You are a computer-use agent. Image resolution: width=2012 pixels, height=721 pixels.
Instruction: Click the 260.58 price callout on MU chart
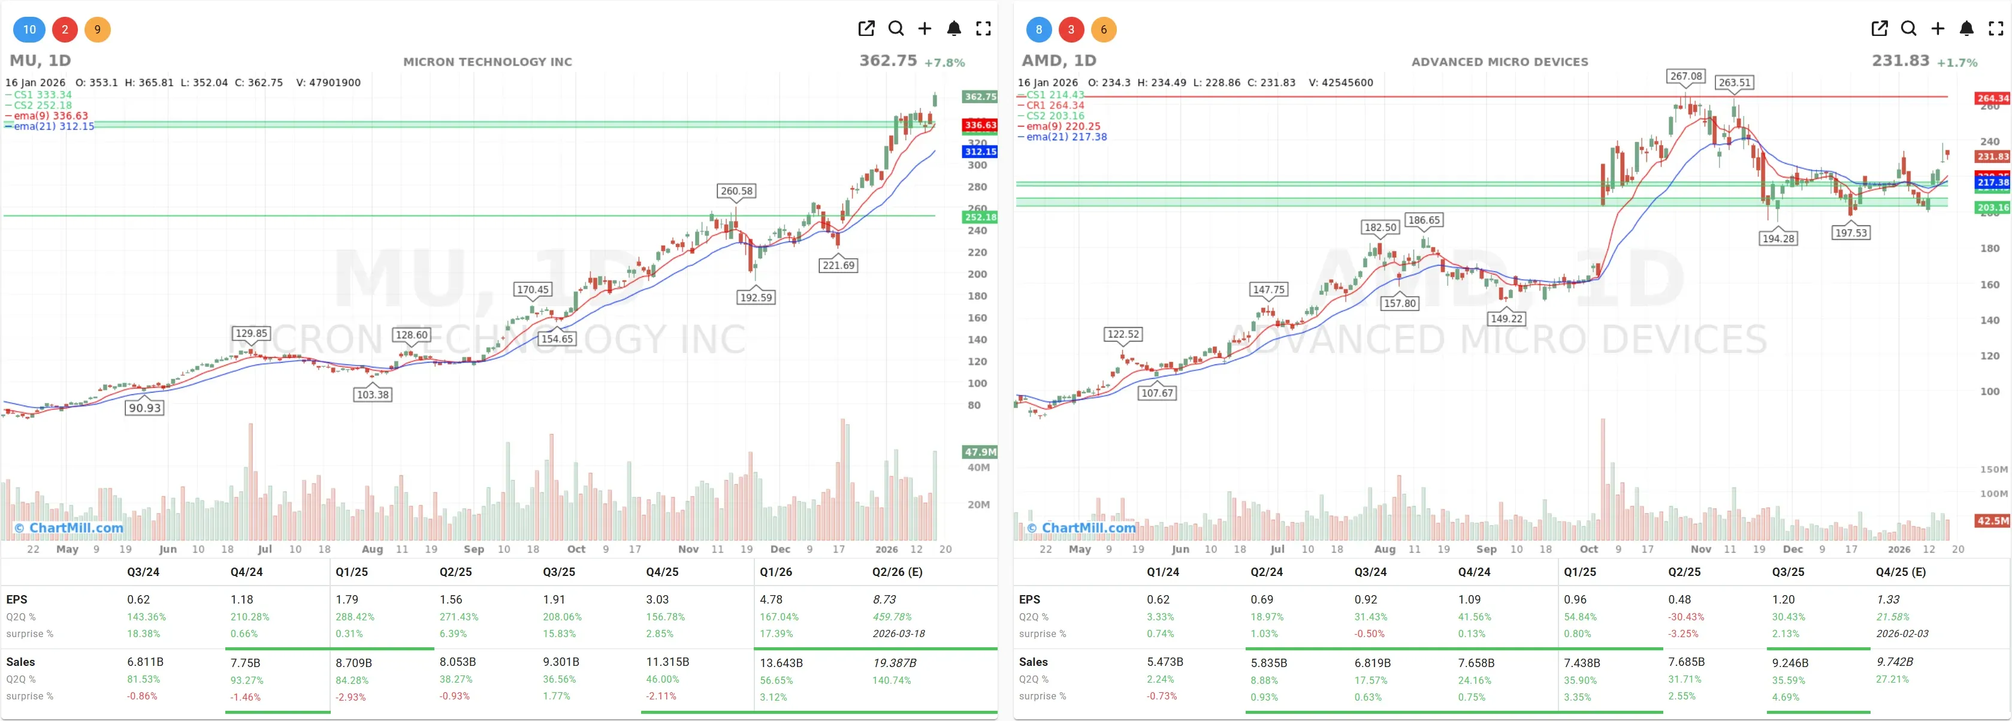click(x=736, y=191)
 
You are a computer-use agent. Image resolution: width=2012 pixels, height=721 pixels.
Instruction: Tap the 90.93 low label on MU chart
click(x=144, y=408)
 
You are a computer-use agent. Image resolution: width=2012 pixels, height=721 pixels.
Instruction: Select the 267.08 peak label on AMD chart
click(x=1685, y=76)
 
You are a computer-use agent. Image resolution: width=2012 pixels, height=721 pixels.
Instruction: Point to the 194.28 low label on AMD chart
click(x=1778, y=239)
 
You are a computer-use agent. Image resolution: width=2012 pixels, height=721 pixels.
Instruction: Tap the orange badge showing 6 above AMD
click(x=1103, y=30)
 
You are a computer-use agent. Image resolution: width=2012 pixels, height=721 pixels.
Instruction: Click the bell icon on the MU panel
click(x=954, y=29)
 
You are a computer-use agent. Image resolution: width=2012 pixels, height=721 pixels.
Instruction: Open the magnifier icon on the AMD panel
click(x=1908, y=29)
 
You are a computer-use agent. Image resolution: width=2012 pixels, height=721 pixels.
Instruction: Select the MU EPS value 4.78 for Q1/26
click(x=771, y=599)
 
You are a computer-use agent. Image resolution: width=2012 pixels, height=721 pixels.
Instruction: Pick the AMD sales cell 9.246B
click(x=1789, y=662)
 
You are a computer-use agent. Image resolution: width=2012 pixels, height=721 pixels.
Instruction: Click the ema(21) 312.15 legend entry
click(x=53, y=126)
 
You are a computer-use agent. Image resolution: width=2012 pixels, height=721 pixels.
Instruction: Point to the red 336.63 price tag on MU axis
click(x=980, y=125)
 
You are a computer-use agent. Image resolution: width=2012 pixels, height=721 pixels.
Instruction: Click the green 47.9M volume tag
click(x=980, y=451)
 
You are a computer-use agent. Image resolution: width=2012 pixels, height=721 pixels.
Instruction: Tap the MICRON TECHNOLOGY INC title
click(x=487, y=62)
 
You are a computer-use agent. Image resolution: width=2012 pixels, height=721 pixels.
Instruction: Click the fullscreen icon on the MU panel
click(x=983, y=29)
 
